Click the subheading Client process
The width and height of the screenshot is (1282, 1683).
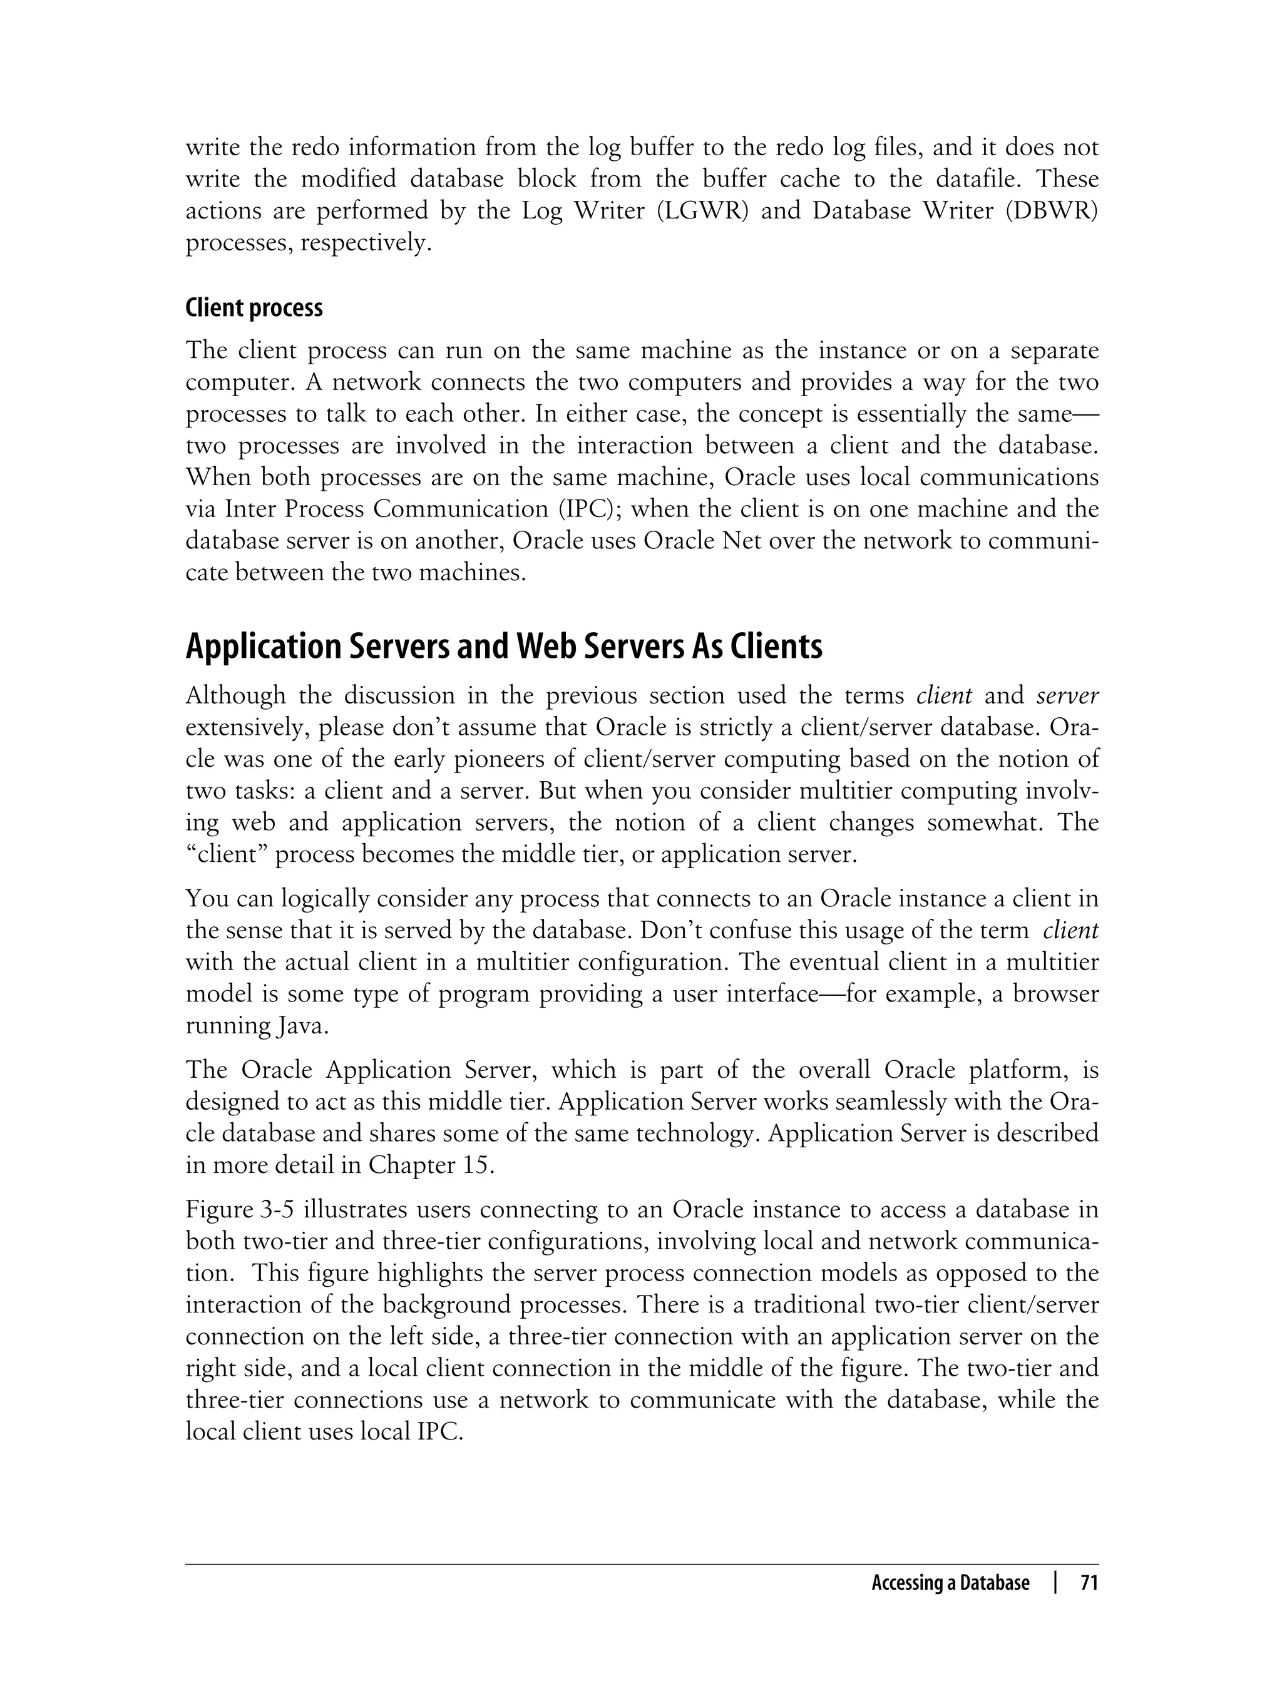254,308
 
